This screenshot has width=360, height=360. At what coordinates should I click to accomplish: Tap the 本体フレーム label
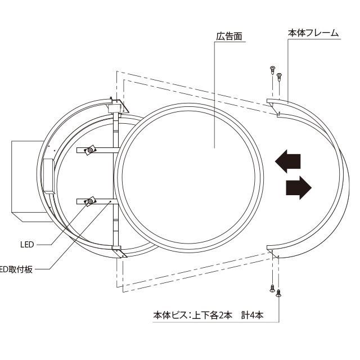[x=314, y=33]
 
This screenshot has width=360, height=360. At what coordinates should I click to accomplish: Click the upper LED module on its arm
[x=89, y=151]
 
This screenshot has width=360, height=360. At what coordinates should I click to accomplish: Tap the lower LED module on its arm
[x=89, y=201]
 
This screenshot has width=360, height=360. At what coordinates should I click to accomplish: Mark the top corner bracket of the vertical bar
[x=119, y=105]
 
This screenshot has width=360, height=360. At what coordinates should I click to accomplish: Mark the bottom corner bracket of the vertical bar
[x=119, y=252]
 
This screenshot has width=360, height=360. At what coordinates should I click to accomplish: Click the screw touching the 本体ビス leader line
[x=280, y=292]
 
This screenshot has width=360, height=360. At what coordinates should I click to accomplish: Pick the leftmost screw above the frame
[x=272, y=71]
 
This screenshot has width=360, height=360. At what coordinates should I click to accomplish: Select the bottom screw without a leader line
[x=272, y=289]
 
